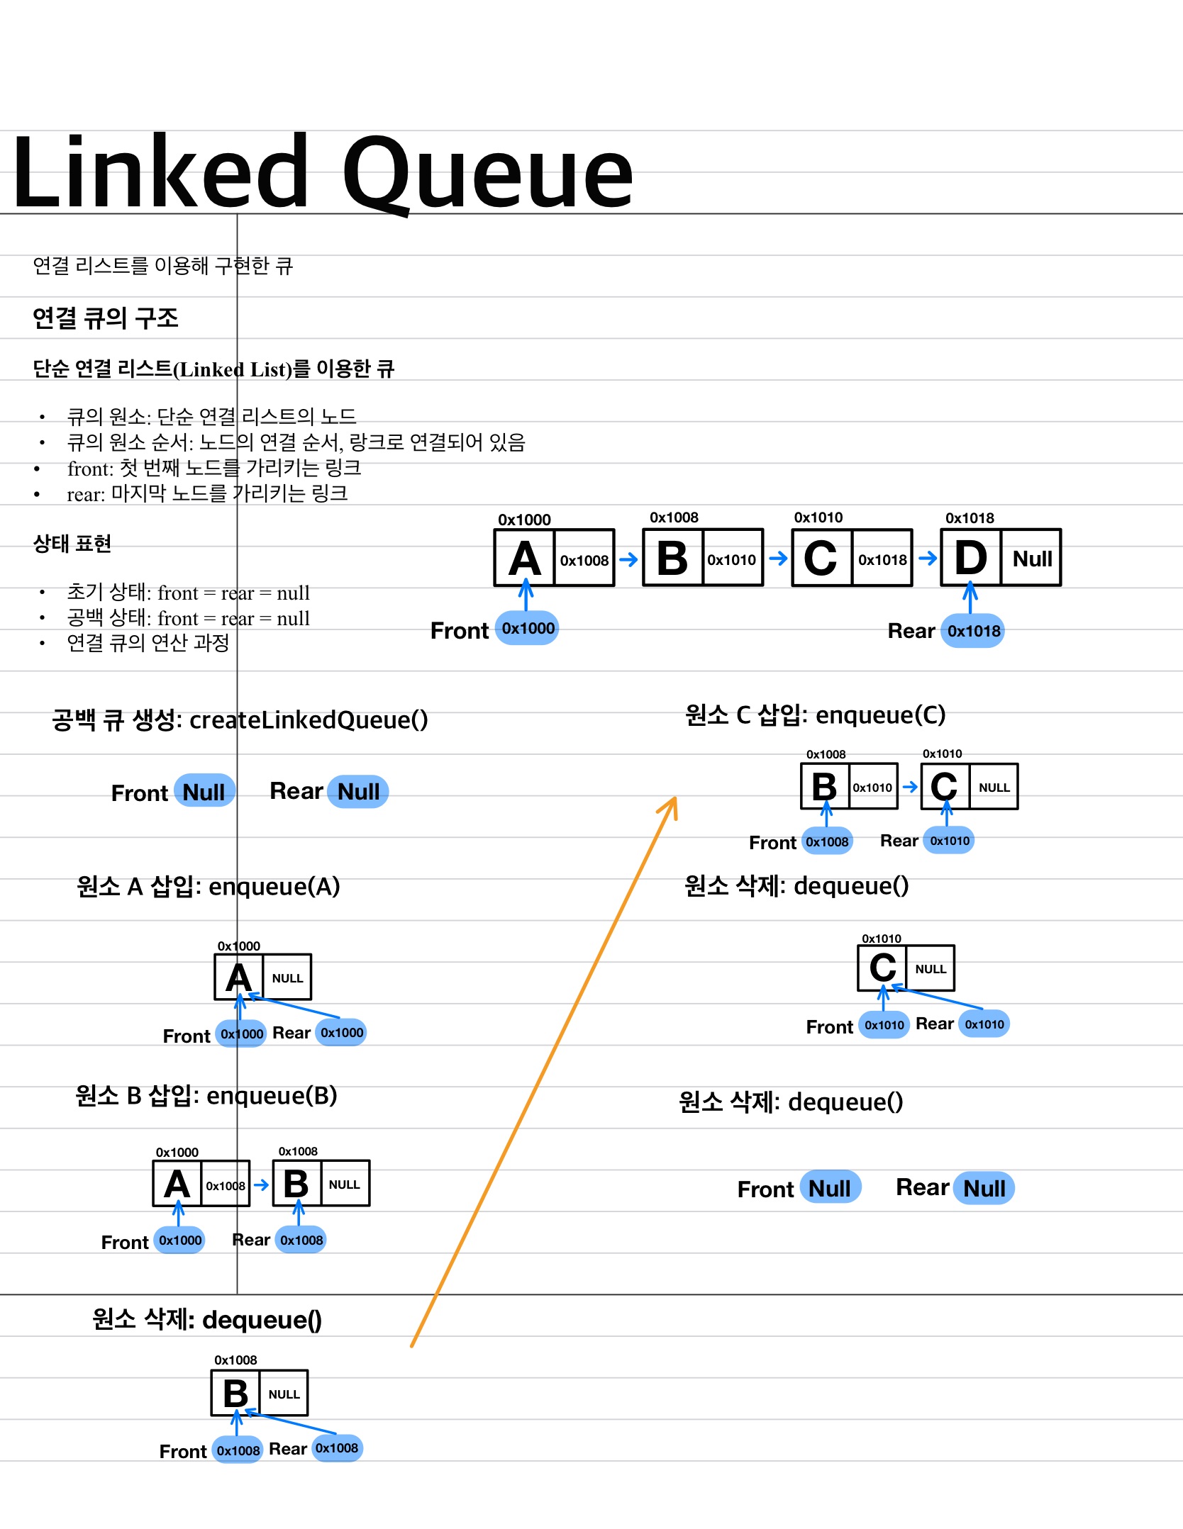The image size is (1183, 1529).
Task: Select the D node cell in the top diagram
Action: pyautogui.click(x=971, y=558)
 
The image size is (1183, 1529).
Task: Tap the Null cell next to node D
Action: pyautogui.click(x=1032, y=559)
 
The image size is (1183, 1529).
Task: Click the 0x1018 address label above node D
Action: pyautogui.click(x=970, y=518)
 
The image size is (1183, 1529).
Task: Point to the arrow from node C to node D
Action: pyautogui.click(x=927, y=559)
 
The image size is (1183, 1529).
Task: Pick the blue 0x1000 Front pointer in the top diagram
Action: pyautogui.click(x=528, y=628)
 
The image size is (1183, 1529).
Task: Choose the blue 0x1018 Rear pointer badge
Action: pyautogui.click(x=973, y=631)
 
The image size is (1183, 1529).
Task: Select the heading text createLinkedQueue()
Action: pyautogui.click(x=309, y=719)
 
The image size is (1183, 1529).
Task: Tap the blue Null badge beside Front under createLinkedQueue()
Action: pyautogui.click(x=204, y=792)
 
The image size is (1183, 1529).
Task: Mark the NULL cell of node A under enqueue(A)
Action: pyautogui.click(x=287, y=978)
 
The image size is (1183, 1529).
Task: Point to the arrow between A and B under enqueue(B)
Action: pyautogui.click(x=262, y=1184)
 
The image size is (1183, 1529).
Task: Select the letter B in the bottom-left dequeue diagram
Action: pyautogui.click(x=236, y=1394)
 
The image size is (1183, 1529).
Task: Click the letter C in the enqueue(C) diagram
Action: pyautogui.click(x=944, y=787)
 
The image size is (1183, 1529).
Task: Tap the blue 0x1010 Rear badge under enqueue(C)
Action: pyautogui.click(x=950, y=841)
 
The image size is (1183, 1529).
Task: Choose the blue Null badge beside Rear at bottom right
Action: pyautogui.click(x=984, y=1189)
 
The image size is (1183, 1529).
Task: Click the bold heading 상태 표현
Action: pyautogui.click(x=72, y=544)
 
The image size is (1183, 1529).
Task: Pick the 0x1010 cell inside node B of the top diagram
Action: pyautogui.click(x=732, y=560)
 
